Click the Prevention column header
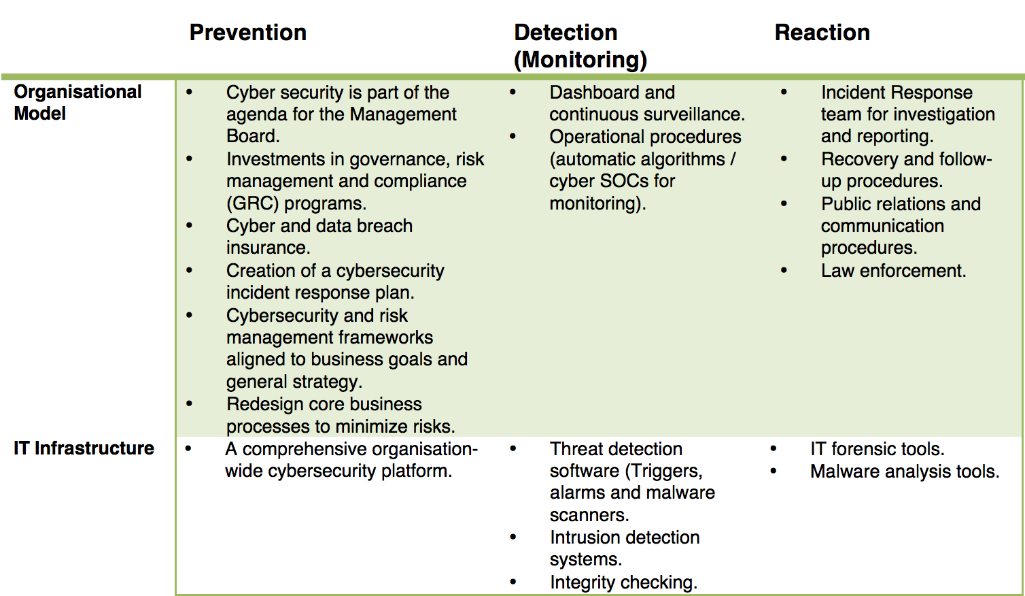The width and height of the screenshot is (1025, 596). [x=248, y=33]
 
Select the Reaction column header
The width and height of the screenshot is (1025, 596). [x=822, y=33]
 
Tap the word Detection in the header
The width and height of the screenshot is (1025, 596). [x=566, y=33]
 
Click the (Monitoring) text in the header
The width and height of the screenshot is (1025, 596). [x=580, y=60]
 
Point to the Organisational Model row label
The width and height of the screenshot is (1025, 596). [x=77, y=103]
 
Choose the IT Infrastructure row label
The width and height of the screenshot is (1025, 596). [x=84, y=448]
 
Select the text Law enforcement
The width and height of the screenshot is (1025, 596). [x=893, y=271]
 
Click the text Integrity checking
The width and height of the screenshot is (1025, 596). [x=624, y=582]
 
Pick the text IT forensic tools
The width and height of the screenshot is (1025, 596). [x=878, y=449]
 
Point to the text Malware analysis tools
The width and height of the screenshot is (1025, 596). [x=905, y=471]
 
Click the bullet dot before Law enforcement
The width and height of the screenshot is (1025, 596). [x=784, y=270]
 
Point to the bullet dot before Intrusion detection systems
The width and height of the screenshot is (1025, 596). [x=513, y=537]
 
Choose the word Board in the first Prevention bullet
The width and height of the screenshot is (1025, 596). [x=253, y=136]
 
